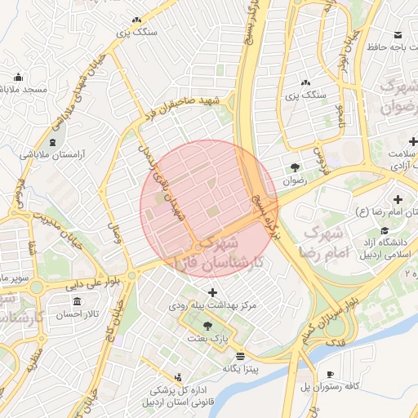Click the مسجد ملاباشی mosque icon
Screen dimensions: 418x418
click(18, 78)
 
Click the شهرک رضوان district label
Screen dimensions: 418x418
click(401, 96)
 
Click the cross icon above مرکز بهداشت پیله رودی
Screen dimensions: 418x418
click(213, 292)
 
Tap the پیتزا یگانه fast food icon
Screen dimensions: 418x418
click(240, 356)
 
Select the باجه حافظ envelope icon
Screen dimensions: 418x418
click(398, 35)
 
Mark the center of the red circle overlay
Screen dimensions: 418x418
click(209, 209)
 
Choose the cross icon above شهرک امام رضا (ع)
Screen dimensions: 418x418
click(398, 199)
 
